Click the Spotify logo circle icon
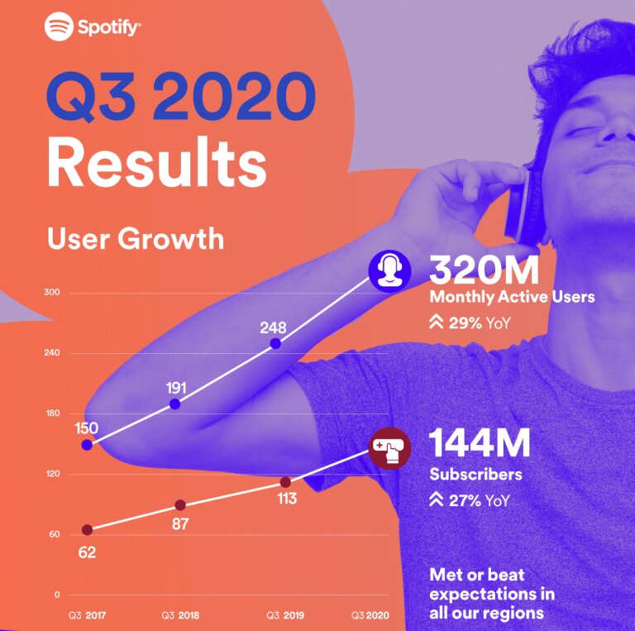click(x=60, y=26)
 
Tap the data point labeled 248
click(x=275, y=344)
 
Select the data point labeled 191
click(x=175, y=404)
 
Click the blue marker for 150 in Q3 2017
click(x=87, y=445)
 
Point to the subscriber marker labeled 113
click(x=285, y=482)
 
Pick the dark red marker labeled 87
click(x=180, y=505)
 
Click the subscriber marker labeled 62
click(x=87, y=530)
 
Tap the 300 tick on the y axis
click(x=52, y=292)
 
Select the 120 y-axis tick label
click(x=53, y=473)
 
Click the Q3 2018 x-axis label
click(x=180, y=615)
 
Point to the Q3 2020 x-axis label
click(x=370, y=615)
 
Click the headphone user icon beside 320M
click(x=389, y=271)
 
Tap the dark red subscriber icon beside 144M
click(x=390, y=449)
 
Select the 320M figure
click(x=485, y=270)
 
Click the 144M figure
click(x=480, y=442)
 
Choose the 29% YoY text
click(x=480, y=323)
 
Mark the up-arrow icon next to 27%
click(x=437, y=500)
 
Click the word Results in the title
click(x=157, y=162)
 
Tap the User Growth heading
click(x=136, y=238)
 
